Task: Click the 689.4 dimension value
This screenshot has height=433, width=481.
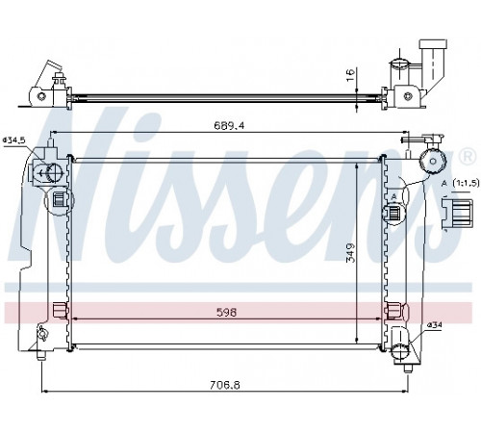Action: [229, 126]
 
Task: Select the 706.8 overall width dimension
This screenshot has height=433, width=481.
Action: [225, 385]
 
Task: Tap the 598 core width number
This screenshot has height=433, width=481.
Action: [226, 312]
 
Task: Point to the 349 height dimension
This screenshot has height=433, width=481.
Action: [351, 253]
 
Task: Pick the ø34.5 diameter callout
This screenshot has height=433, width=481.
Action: [13, 140]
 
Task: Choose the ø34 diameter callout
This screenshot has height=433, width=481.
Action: [434, 325]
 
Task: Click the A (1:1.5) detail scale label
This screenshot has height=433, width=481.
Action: [460, 183]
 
